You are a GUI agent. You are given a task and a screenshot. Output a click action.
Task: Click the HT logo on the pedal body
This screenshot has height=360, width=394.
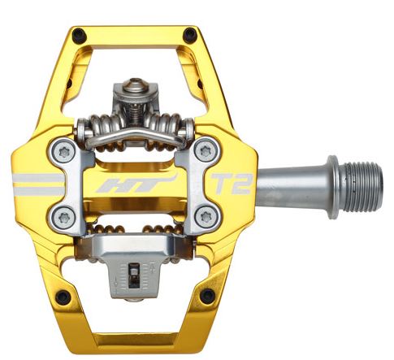point(136,184)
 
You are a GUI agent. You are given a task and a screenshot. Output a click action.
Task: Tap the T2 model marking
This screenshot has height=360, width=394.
point(231,184)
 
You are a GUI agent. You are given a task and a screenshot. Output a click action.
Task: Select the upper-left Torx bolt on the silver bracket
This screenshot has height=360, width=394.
point(65,153)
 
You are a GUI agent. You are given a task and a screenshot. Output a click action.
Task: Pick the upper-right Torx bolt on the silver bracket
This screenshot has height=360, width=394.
point(206,150)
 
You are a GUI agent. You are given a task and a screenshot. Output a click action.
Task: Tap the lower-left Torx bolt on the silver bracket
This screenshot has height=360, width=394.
point(64,217)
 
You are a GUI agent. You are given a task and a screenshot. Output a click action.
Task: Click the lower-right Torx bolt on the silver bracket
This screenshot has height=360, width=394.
point(206,217)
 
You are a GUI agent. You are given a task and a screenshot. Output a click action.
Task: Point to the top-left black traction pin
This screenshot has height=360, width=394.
point(79,36)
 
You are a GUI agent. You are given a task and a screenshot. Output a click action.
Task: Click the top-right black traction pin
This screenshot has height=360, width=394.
point(190,35)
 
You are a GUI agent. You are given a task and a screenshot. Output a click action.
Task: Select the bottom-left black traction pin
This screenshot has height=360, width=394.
point(63,297)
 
